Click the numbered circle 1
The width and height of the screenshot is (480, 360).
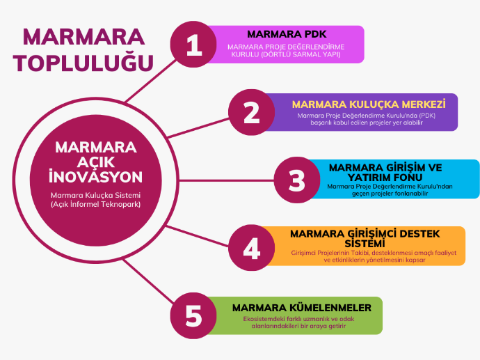coord(193,45)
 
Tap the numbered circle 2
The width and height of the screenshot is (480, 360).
coord(252,112)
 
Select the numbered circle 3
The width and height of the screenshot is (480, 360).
coord(297,180)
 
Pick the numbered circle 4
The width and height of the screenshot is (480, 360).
coord(252,248)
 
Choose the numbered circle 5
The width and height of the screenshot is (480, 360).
coord(193,315)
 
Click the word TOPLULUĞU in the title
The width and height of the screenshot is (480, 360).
coord(83,63)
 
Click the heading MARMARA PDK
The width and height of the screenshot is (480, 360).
coord(287,34)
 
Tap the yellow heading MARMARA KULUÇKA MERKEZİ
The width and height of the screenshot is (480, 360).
coord(369,104)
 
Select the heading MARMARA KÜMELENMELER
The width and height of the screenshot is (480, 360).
coord(302,308)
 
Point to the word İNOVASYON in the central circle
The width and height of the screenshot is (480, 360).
coord(96,176)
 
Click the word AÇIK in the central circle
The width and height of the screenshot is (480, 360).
coord(96,162)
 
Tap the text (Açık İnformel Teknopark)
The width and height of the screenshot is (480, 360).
coord(96,204)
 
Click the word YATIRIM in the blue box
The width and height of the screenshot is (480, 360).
coord(369,177)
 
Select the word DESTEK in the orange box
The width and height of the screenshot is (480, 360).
coord(420,234)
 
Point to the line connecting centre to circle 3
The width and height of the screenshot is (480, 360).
coord(226,180)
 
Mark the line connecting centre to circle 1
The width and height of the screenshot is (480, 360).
coord(151,81)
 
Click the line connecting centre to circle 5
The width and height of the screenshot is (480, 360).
coord(149,281)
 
